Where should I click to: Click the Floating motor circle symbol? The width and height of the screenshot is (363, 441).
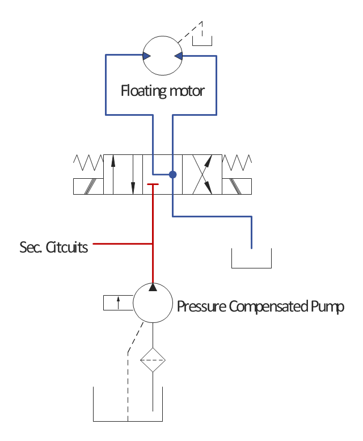point(162,56)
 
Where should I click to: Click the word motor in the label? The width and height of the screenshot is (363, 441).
point(187,91)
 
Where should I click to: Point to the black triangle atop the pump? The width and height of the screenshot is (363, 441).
point(153,287)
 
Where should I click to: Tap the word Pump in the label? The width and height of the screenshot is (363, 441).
point(328,307)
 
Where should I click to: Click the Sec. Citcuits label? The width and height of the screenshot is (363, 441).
point(54,247)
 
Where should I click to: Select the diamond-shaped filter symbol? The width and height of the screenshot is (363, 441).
point(153,360)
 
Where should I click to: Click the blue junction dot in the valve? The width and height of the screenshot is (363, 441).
point(172,174)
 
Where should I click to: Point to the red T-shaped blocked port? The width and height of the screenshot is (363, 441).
point(153,184)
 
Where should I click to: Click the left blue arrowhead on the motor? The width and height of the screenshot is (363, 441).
point(146,56)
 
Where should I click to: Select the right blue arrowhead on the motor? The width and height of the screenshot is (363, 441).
point(178,56)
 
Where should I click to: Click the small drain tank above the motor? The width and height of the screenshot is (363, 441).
point(202,39)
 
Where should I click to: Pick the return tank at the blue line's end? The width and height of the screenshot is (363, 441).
point(251,259)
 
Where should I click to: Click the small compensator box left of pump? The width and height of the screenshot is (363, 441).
point(118,303)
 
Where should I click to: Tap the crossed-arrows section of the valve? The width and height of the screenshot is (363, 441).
point(206,174)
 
